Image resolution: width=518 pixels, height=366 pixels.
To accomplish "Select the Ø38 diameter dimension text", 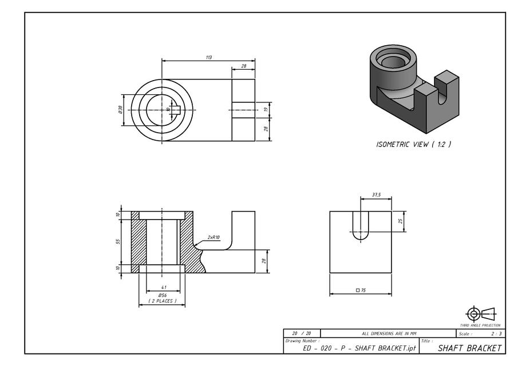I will [121, 110].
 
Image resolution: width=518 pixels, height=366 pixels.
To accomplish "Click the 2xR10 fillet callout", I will [213, 237].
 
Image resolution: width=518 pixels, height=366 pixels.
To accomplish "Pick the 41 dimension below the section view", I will [163, 287].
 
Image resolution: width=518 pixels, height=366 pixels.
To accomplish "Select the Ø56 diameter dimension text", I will [163, 295].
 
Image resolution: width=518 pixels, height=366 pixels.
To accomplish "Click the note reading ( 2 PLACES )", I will [163, 301].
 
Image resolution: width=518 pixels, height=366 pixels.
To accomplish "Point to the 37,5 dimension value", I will [376, 195].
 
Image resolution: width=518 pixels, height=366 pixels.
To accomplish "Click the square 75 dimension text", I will [361, 291].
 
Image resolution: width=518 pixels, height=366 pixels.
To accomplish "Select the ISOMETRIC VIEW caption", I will [413, 145].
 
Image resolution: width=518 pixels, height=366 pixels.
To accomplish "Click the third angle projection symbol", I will [480, 313].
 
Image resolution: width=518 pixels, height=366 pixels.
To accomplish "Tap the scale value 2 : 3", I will [496, 333].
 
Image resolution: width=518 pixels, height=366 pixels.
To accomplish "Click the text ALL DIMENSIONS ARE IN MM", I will [389, 333].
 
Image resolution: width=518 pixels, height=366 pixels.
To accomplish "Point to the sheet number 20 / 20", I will [301, 333].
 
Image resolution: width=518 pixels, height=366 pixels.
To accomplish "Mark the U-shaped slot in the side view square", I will [361, 225].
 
